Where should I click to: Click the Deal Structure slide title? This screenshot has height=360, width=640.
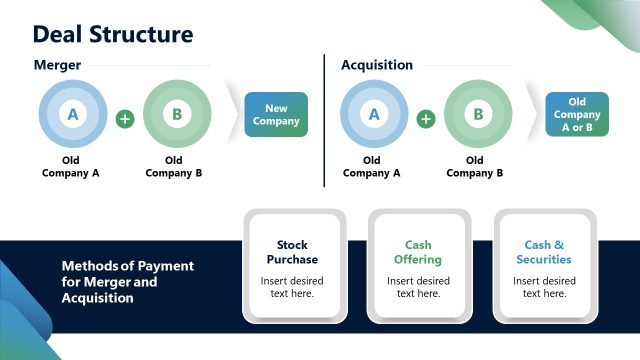point(113,34)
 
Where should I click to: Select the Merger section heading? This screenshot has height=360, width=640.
point(57,65)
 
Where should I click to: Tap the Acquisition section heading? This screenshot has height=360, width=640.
point(377,65)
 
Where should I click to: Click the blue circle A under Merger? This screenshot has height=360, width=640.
point(72,115)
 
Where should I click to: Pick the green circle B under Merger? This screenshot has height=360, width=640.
point(177,115)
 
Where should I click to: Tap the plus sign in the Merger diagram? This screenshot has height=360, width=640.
point(125,119)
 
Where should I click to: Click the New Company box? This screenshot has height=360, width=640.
point(276,115)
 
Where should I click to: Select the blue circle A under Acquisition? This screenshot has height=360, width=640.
point(374,115)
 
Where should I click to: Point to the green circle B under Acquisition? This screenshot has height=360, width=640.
point(478,115)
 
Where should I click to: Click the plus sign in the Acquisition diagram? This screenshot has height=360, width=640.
point(426,119)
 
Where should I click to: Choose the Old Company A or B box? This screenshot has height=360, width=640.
point(577,115)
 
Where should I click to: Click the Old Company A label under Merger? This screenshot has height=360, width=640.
point(71,166)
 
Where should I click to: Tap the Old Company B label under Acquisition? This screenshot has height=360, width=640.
point(475,166)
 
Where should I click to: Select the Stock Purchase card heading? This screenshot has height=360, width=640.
point(292,252)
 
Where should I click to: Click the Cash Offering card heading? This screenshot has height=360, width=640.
point(418,252)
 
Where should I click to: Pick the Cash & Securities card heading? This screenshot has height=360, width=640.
point(544,252)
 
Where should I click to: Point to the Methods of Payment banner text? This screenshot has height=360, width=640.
point(127,282)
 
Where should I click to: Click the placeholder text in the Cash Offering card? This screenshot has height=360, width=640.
point(418,287)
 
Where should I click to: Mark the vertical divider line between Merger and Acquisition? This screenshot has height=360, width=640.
point(324,120)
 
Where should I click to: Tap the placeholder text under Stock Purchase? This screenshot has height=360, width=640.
point(292,287)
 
